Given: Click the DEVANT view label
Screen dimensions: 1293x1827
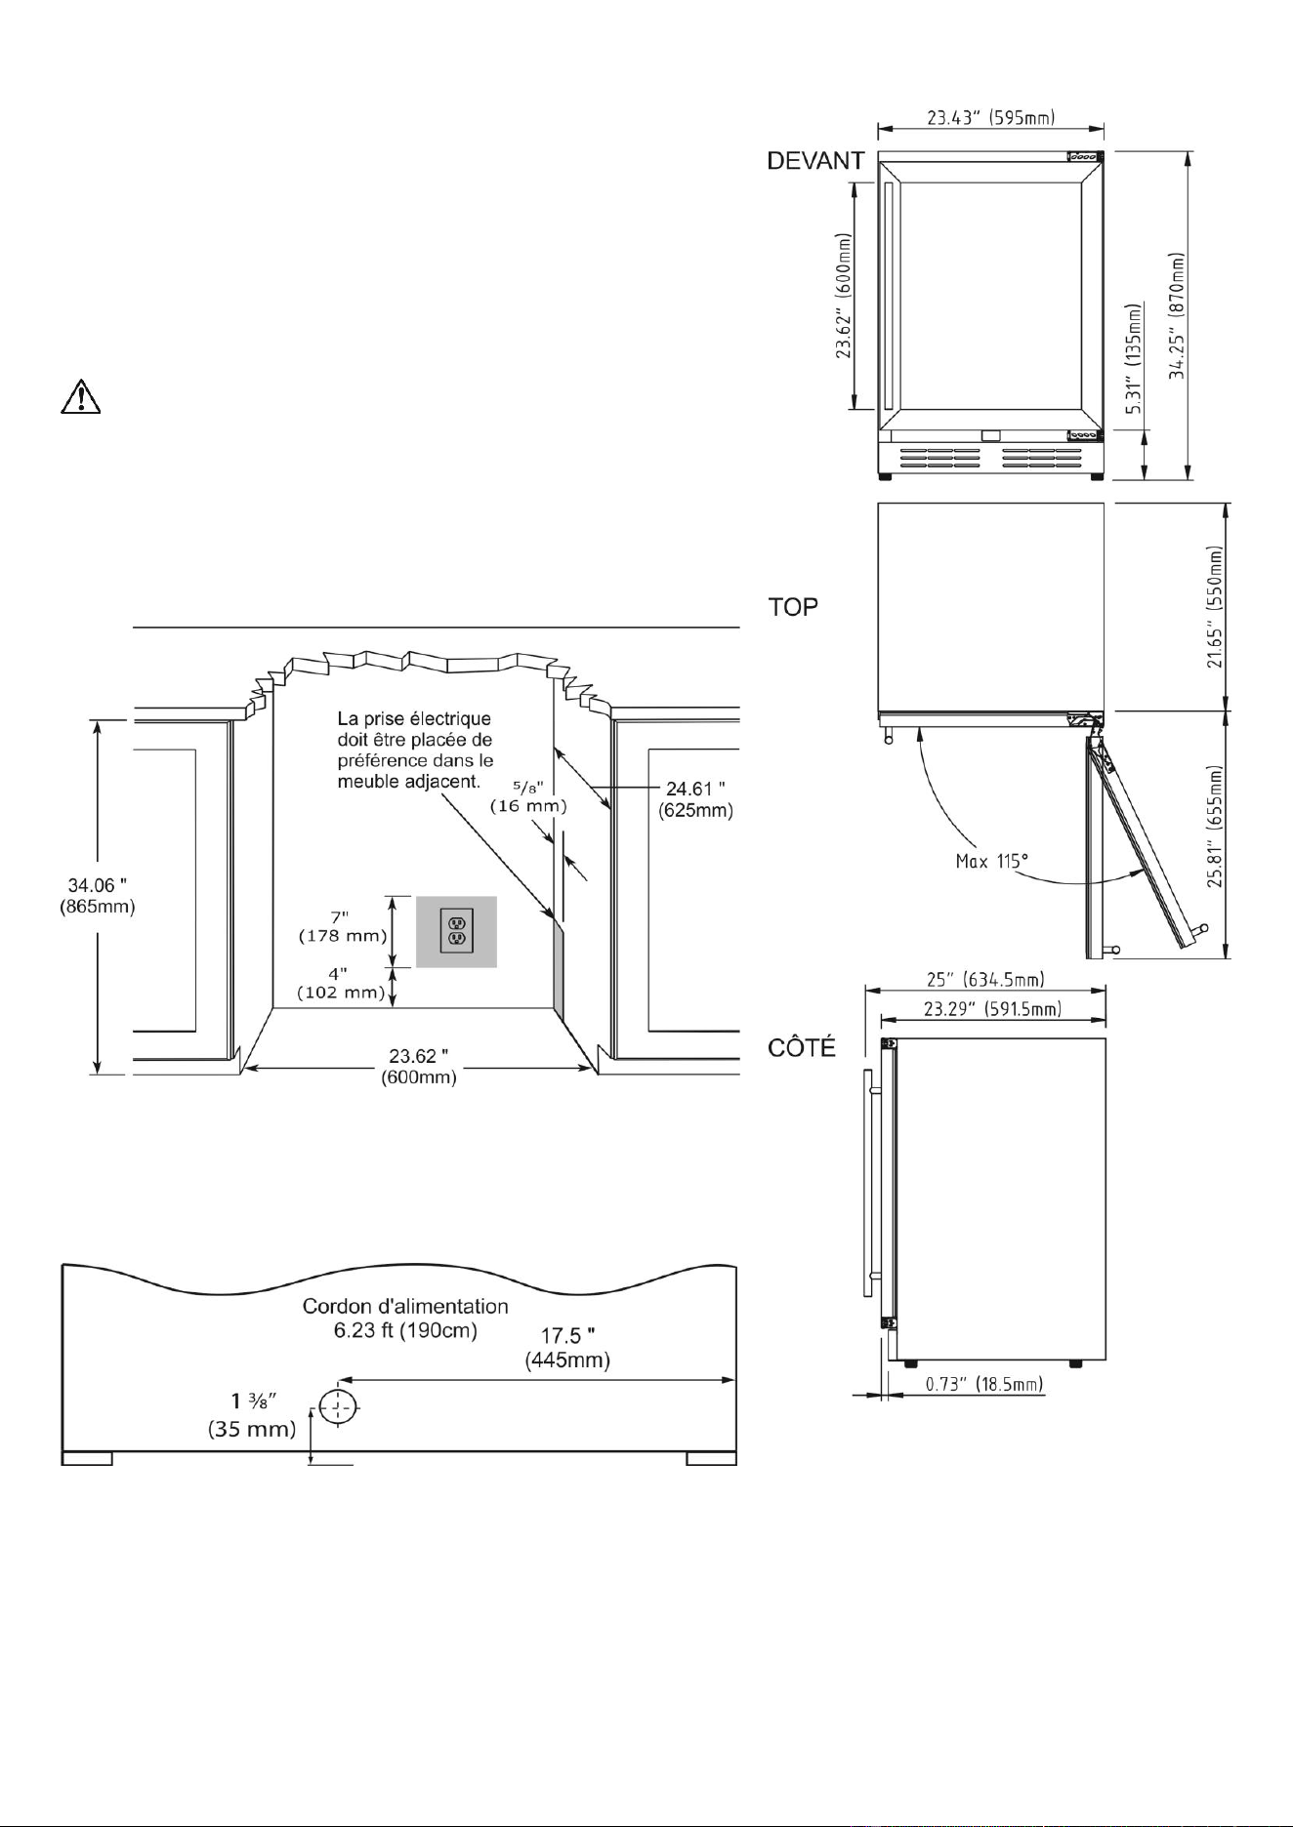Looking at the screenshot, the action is click(815, 162).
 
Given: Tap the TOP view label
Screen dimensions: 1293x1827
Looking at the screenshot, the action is click(793, 607).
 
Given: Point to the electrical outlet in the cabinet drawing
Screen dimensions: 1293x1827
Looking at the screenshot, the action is click(457, 931).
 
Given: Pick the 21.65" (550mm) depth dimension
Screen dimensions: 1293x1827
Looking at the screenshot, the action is click(1215, 606).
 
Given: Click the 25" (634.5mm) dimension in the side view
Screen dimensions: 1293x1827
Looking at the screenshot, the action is click(984, 979).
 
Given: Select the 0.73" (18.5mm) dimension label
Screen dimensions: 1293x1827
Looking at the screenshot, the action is click(984, 1384).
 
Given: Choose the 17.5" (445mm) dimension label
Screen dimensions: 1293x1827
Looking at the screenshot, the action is click(567, 1348).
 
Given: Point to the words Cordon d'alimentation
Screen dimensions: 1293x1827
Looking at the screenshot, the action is click(405, 1306).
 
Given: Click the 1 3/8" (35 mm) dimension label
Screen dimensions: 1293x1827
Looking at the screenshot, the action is click(252, 1416).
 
